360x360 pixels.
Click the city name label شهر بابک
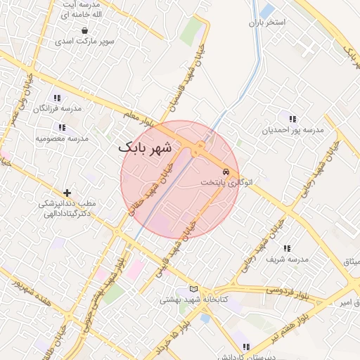[145, 148]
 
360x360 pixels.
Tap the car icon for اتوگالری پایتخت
[225, 172]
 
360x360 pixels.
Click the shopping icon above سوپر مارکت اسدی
[85, 31]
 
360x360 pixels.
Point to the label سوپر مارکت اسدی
[86, 41]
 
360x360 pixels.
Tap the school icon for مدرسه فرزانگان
[58, 98]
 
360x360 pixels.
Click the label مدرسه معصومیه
[63, 138]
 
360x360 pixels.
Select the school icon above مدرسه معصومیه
[62, 127]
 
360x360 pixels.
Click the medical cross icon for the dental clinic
[67, 192]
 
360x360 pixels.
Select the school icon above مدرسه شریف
[287, 248]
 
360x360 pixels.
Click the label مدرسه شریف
[288, 259]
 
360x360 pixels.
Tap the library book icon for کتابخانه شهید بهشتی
[194, 289]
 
